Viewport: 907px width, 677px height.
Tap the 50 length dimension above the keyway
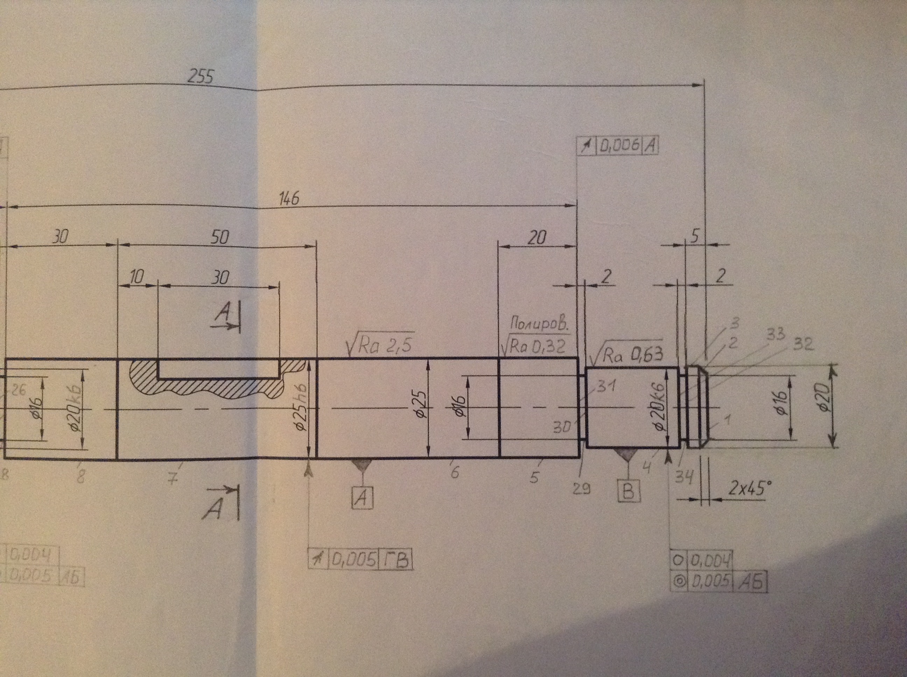220,237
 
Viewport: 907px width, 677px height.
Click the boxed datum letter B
628,491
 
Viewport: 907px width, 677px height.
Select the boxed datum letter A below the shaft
362,498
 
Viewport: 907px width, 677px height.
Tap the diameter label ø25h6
302,408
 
